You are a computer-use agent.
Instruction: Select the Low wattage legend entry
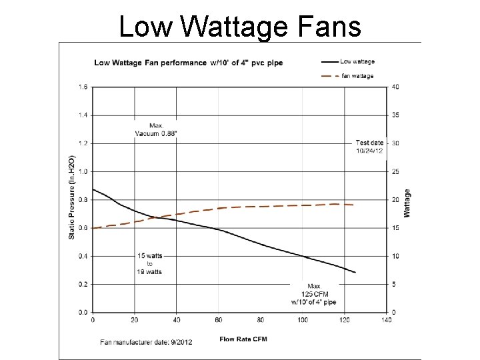(357, 61)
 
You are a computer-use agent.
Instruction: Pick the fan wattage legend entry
(357, 76)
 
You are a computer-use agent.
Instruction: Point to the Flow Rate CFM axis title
(243, 338)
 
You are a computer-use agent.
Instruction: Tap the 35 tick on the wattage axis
(395, 115)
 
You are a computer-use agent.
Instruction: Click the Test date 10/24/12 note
(369, 147)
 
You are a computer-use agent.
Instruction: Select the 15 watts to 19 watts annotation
(149, 263)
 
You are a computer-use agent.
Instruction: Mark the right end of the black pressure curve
(355, 272)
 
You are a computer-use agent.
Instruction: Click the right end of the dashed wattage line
(353, 205)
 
